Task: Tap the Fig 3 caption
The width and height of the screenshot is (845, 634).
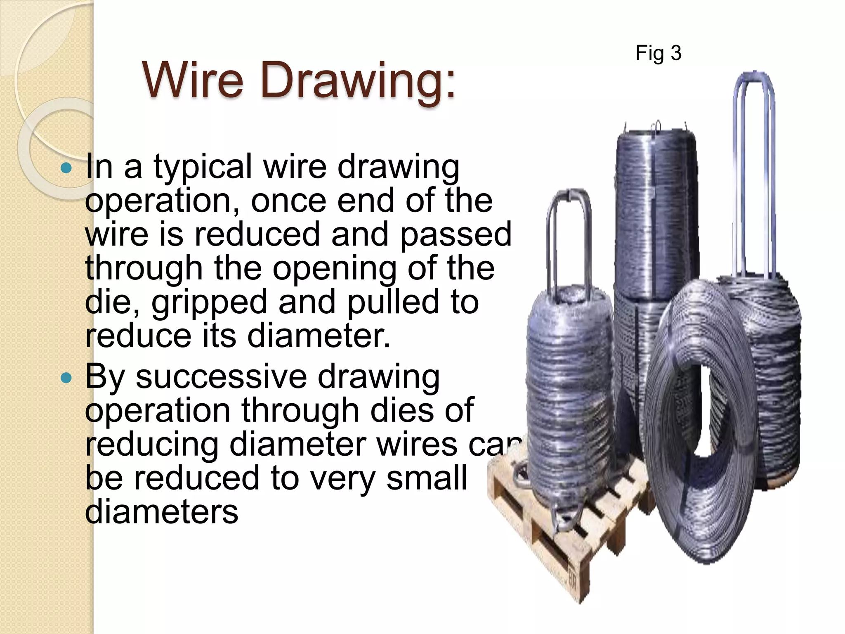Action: click(x=658, y=53)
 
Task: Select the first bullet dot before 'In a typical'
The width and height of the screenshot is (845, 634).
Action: click(x=66, y=168)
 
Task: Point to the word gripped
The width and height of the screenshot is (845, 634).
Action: click(x=209, y=302)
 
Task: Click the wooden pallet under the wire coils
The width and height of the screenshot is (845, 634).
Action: click(x=549, y=537)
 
